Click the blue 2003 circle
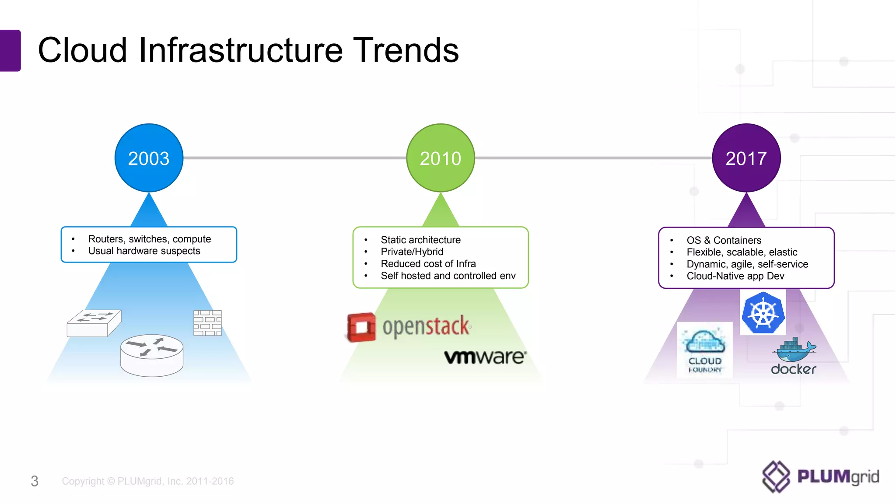click(x=149, y=158)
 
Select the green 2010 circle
click(x=441, y=158)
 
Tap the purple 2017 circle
click(x=746, y=158)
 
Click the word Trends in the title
click(x=406, y=50)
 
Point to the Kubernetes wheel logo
click(x=763, y=313)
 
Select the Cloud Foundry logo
click(x=705, y=350)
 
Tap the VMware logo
click(x=485, y=357)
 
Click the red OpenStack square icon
click(x=361, y=327)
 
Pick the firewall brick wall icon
click(x=207, y=323)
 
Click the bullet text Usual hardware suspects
click(x=144, y=251)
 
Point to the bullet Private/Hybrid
click(x=412, y=252)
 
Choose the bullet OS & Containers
click(x=724, y=240)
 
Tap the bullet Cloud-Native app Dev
click(x=735, y=276)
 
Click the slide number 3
click(x=35, y=481)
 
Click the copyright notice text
click(x=148, y=481)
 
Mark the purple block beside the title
click(x=10, y=50)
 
